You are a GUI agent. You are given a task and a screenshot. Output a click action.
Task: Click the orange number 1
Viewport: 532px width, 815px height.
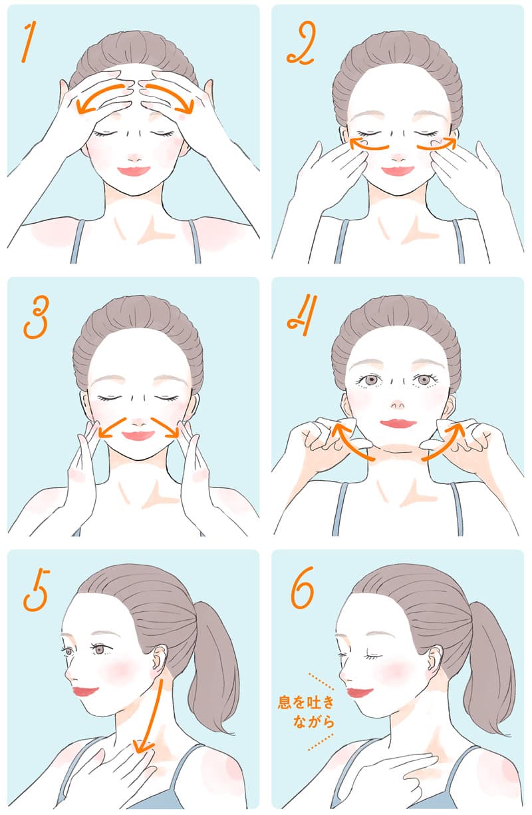(x=28, y=41)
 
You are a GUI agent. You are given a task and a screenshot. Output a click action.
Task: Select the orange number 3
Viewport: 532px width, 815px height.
(x=35, y=317)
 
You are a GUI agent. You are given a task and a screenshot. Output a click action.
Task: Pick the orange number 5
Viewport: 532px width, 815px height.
(x=37, y=590)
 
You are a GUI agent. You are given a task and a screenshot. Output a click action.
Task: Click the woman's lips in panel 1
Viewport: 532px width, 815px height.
(x=134, y=170)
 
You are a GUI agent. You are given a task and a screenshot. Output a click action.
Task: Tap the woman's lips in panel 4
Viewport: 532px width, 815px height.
(x=398, y=423)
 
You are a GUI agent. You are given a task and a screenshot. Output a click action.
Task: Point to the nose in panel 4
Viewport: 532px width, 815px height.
(x=398, y=405)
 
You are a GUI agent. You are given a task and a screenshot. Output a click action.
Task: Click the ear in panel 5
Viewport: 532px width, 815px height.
(x=160, y=659)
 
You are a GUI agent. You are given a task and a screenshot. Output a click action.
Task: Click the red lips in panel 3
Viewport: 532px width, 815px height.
(x=138, y=435)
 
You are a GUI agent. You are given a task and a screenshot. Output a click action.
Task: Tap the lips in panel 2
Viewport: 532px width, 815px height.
(x=398, y=170)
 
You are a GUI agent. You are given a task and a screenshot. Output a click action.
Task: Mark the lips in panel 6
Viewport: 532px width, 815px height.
(x=359, y=692)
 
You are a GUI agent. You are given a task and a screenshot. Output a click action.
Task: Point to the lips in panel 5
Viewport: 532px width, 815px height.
(x=85, y=691)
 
